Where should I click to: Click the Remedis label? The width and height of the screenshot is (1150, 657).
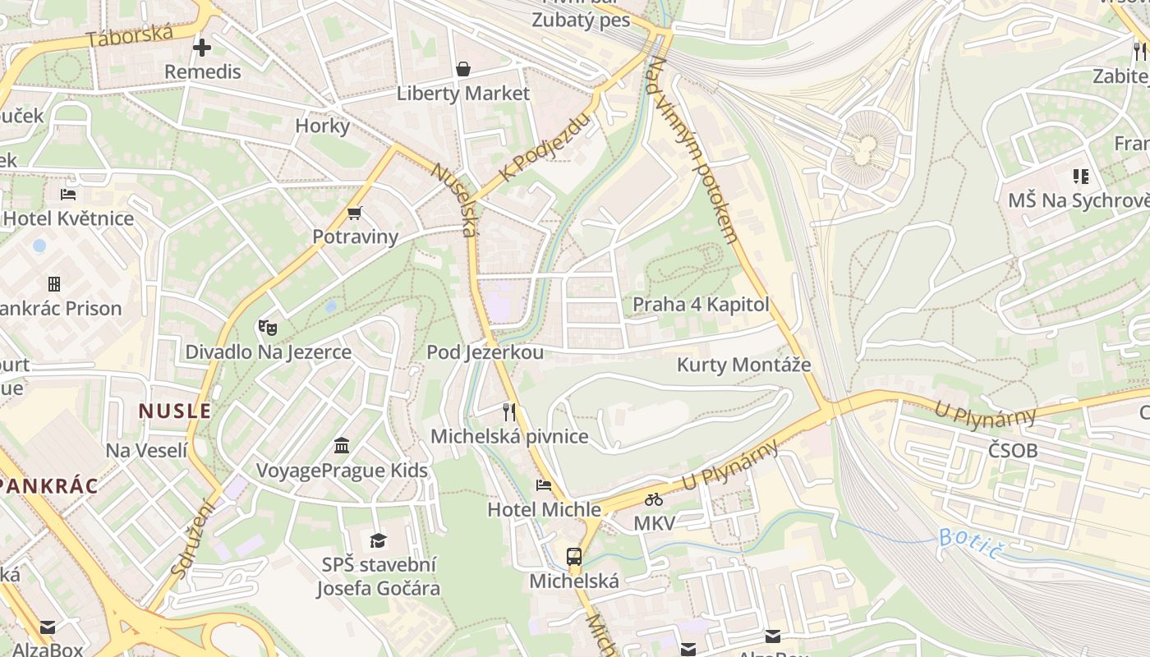point(202,72)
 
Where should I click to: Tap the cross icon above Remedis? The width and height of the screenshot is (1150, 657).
point(202,48)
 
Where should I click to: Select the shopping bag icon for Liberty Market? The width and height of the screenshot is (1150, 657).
point(463,69)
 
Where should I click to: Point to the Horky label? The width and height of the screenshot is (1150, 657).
point(322,126)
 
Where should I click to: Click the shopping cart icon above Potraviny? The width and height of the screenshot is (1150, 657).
point(355,214)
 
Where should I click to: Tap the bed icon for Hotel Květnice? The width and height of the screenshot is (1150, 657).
point(68,195)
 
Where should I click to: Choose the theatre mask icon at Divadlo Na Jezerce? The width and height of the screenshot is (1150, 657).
point(267,328)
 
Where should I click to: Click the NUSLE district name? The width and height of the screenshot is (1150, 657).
point(174,411)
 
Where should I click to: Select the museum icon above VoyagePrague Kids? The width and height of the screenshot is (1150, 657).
point(342,446)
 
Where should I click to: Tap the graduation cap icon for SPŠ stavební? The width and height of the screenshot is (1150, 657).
point(378,540)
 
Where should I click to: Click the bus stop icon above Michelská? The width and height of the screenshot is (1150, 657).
point(574,557)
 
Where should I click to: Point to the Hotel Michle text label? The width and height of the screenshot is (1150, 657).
point(544,510)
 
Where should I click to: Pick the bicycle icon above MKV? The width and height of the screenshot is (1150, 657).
point(654,499)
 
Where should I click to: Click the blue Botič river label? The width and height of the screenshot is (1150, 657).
point(971,544)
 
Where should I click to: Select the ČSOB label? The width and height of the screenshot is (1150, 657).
point(1012,451)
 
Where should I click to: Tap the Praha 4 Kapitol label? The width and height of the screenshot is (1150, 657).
point(701,305)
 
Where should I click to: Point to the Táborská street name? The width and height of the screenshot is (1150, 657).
point(129,37)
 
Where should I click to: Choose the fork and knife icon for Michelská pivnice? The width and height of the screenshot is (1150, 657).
point(509,411)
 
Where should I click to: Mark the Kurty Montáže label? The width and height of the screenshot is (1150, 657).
point(743,365)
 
